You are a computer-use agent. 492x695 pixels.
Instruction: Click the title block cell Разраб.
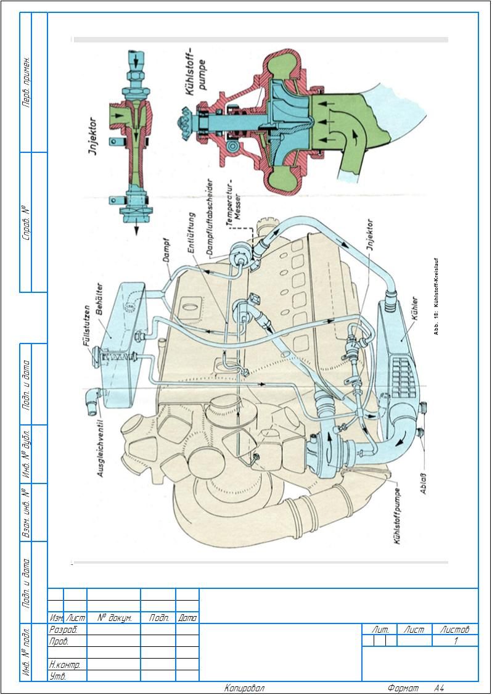pos(63,630)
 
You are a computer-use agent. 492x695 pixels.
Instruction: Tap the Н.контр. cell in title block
pos(65,665)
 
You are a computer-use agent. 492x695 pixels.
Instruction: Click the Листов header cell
pos(455,630)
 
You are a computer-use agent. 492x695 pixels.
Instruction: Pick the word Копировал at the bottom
pos(244,688)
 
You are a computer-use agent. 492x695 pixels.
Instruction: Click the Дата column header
pos(187,617)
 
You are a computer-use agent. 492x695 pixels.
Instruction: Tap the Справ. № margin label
pos(27,222)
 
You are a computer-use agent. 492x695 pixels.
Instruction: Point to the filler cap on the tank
pos(97,355)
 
